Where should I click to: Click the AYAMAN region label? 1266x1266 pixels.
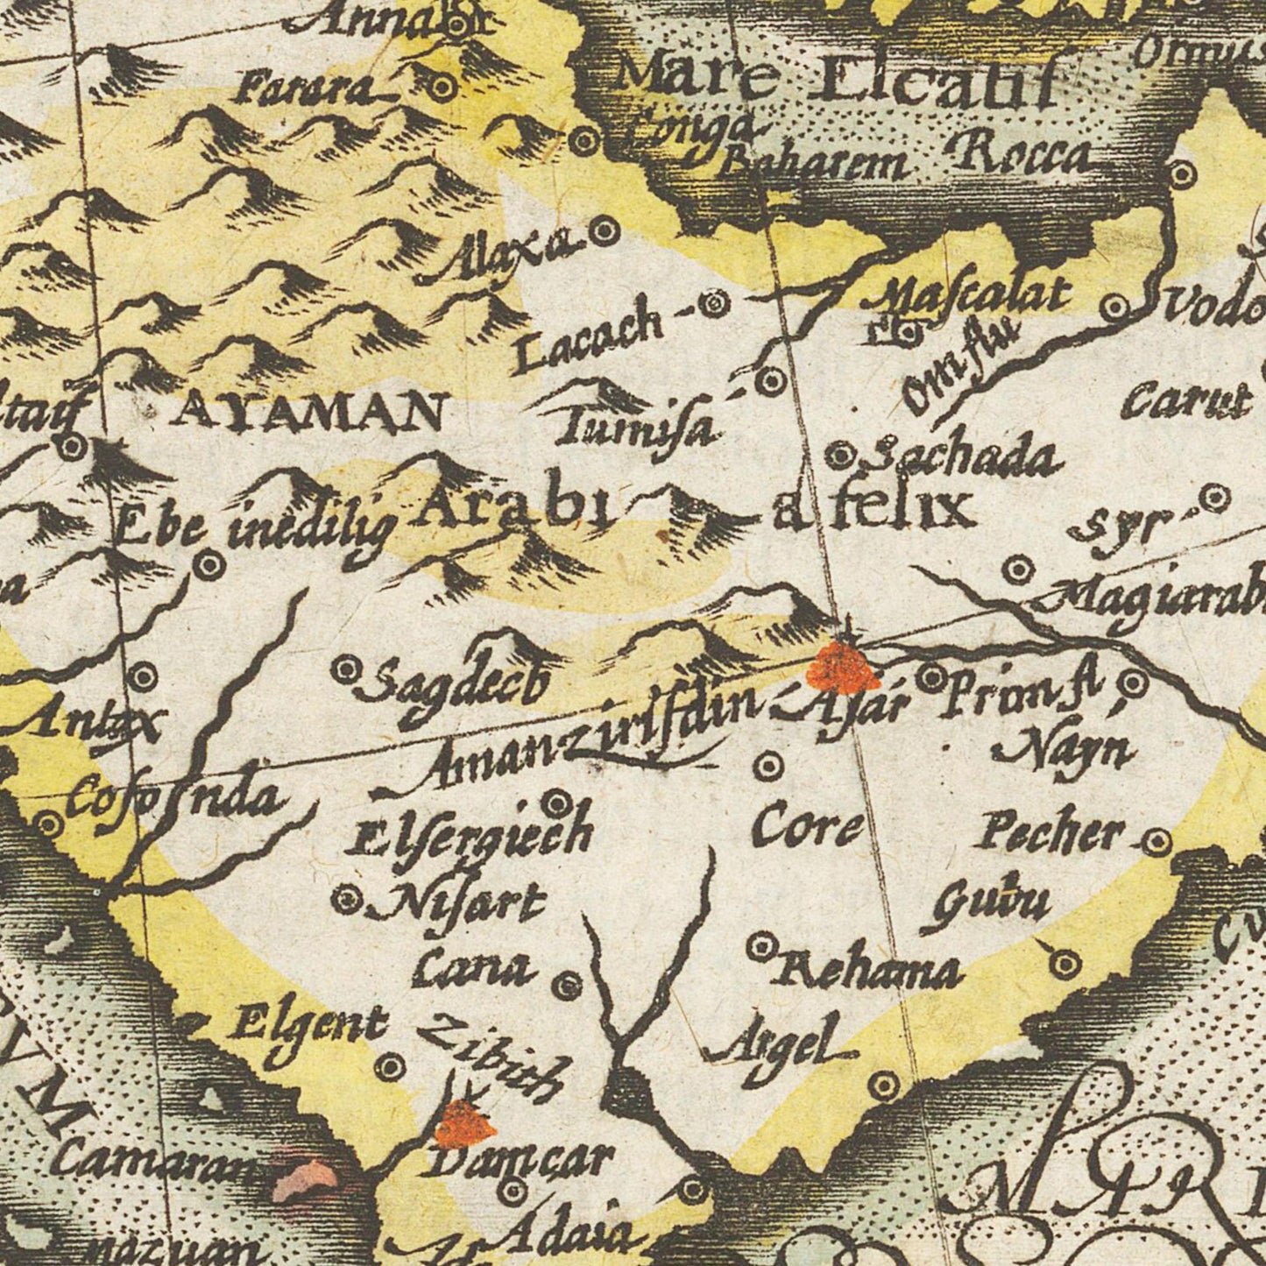click(307, 410)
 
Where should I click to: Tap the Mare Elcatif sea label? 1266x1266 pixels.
click(832, 83)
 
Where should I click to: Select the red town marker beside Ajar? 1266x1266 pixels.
click(843, 668)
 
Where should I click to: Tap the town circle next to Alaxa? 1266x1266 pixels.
click(604, 232)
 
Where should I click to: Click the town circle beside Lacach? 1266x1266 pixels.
click(716, 303)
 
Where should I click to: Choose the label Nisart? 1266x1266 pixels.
click(456, 903)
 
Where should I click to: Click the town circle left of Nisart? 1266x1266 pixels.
click(349, 898)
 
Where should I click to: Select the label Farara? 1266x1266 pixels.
click(307, 88)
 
